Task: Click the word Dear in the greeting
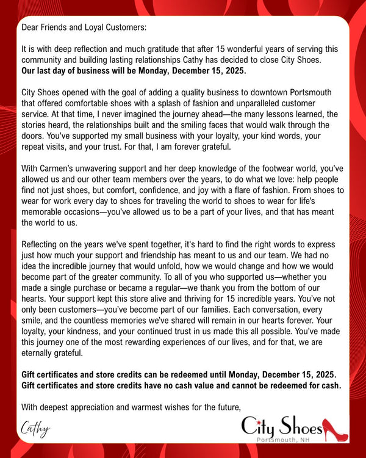pyautogui.click(x=30, y=27)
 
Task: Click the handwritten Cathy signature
pyautogui.click(x=35, y=429)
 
